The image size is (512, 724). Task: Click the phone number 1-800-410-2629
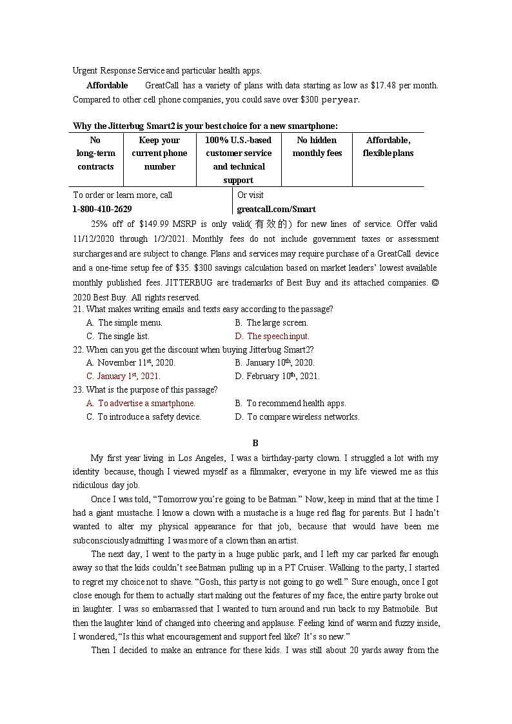[x=103, y=209]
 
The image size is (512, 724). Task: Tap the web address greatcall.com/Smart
[x=277, y=209]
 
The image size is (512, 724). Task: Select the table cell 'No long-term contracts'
[x=95, y=153]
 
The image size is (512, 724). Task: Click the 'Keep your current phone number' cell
[x=160, y=153]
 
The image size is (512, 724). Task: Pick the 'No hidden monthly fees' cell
[x=317, y=147]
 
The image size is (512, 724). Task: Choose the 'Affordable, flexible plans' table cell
[x=388, y=147]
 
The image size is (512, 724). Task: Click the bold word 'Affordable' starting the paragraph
[x=107, y=86]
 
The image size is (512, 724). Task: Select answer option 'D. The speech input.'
[x=272, y=336]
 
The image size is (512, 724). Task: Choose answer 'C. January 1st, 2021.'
[x=123, y=376]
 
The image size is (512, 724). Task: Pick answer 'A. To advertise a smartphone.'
[x=141, y=403]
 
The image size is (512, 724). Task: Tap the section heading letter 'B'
[x=255, y=443]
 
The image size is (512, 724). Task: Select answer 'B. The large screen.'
[x=271, y=322]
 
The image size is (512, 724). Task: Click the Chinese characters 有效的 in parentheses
[x=269, y=224]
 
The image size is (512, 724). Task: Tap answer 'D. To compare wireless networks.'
[x=297, y=416]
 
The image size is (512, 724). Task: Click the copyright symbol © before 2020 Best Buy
[x=434, y=283]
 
